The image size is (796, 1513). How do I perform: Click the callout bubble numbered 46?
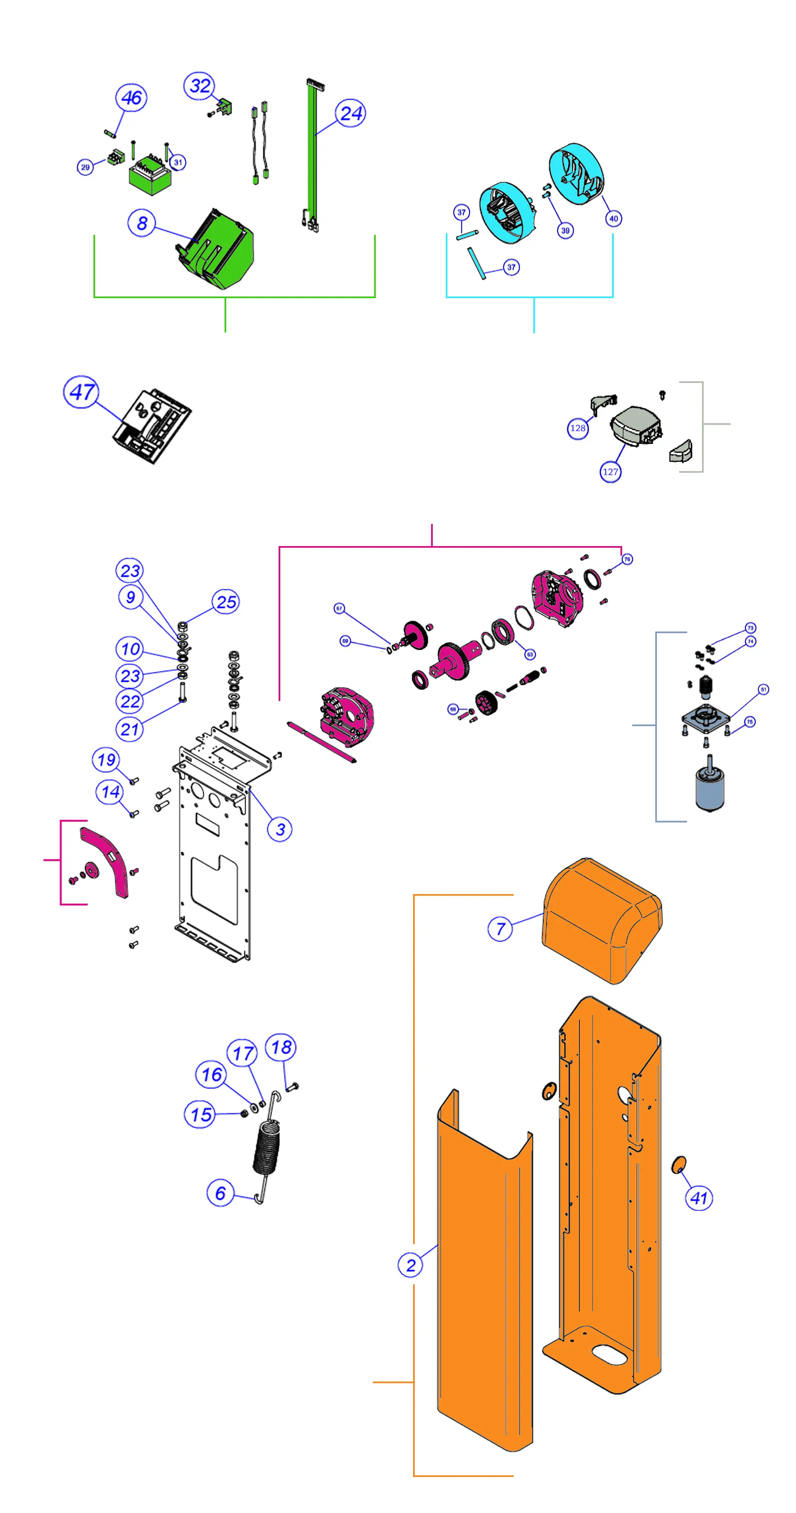tap(131, 98)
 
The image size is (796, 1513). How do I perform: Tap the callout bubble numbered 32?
tap(200, 86)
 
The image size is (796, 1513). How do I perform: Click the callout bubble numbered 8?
tap(142, 223)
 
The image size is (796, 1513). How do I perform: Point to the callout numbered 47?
tap(81, 392)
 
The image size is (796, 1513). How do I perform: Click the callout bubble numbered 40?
tap(613, 219)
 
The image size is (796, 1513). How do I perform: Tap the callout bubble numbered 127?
tap(610, 471)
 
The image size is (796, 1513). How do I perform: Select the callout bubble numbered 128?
tap(577, 428)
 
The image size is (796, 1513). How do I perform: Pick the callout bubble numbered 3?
tap(280, 829)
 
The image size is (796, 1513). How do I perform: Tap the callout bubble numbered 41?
tap(698, 1198)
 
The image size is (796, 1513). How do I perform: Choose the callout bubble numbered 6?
tap(220, 1193)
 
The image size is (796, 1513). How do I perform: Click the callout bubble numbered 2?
tap(411, 1265)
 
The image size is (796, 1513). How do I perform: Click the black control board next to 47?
tap(152, 426)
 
